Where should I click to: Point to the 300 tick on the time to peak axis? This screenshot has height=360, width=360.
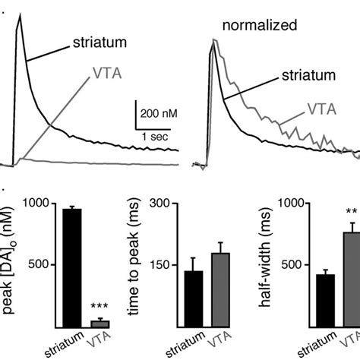tap(160, 204)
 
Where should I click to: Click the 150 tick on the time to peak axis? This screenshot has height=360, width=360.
tap(160, 265)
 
